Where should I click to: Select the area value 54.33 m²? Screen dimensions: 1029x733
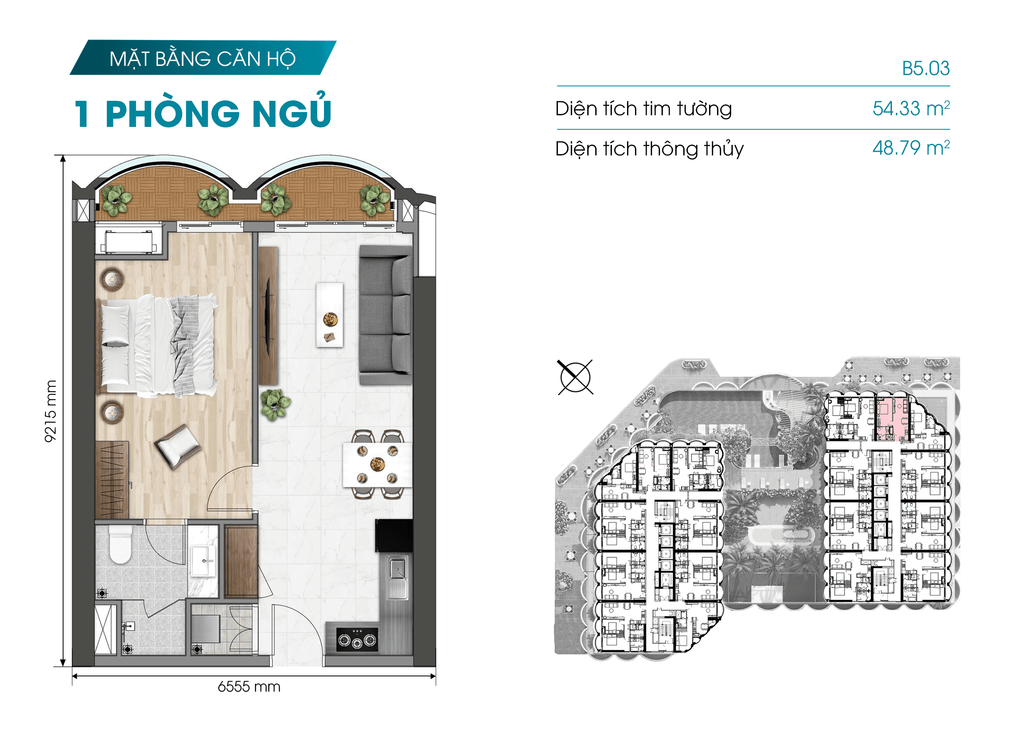[x=911, y=108]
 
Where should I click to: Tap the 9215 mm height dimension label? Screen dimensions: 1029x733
[x=51, y=411]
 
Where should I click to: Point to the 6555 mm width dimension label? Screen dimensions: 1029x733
[x=249, y=686]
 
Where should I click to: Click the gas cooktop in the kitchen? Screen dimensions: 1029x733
[x=357, y=639]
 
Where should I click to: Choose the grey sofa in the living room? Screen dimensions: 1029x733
[x=385, y=315]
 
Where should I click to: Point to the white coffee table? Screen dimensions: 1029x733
[x=329, y=314]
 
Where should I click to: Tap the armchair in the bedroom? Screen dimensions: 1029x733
[x=178, y=445]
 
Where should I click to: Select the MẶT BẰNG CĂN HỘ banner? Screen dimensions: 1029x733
[x=203, y=58]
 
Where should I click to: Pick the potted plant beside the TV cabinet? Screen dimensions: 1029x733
[x=275, y=404]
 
